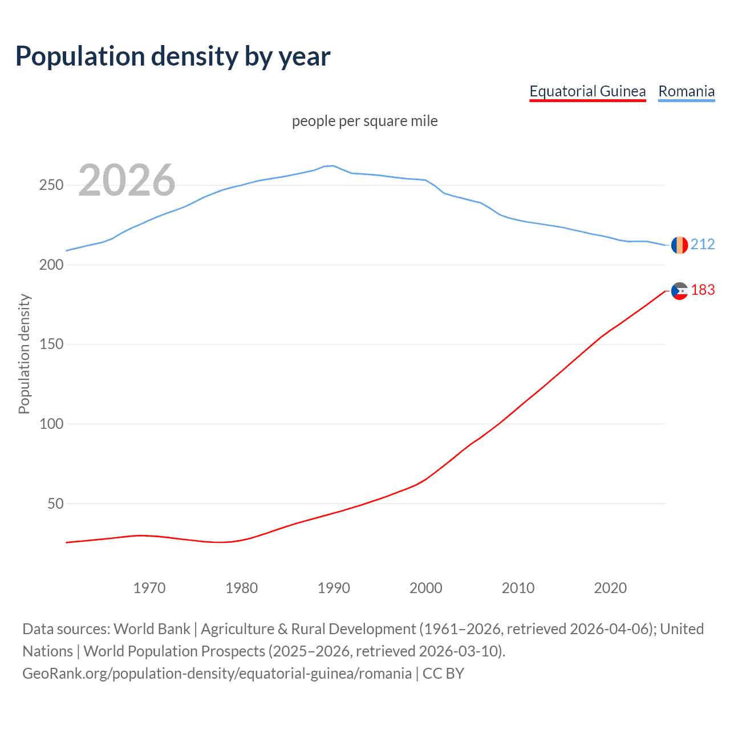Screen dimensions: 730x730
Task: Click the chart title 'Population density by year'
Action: [173, 56]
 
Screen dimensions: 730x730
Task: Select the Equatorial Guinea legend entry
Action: [587, 91]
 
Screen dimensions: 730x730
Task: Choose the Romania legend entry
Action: [686, 91]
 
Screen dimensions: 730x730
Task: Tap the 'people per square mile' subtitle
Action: [365, 121]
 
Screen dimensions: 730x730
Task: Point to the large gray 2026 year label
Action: [127, 180]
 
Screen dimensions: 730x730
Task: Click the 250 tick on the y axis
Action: [51, 185]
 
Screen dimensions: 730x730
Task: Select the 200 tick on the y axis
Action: [51, 265]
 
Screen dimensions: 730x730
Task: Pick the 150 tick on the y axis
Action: [51, 344]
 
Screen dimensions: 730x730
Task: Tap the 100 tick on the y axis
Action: [51, 424]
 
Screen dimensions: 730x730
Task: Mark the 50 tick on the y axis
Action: [55, 504]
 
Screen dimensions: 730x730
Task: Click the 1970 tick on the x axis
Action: [149, 588]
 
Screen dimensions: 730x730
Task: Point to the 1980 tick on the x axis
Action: [242, 588]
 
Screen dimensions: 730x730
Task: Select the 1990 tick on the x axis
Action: [334, 588]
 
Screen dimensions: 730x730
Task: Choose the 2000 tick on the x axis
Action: [426, 588]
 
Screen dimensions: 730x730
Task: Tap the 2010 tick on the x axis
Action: [518, 588]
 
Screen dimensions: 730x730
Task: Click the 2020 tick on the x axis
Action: [610, 588]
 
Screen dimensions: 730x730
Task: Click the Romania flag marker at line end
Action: [679, 245]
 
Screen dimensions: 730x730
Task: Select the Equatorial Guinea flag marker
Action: [679, 291]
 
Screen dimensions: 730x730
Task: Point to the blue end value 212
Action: [703, 244]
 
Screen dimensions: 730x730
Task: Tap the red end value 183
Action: [703, 290]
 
